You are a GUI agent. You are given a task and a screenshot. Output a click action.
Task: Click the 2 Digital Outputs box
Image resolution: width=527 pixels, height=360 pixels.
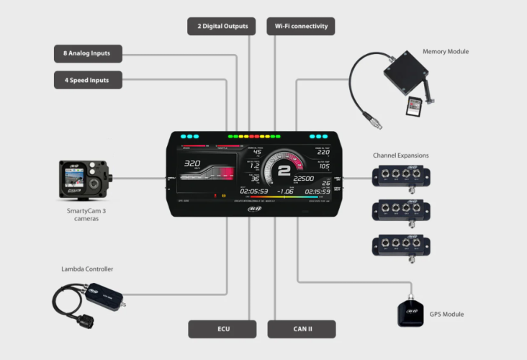[222, 27]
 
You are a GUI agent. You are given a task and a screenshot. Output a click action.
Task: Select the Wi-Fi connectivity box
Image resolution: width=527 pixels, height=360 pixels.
[301, 27]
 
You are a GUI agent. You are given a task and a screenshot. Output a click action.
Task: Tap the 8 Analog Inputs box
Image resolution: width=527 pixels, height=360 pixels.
[87, 53]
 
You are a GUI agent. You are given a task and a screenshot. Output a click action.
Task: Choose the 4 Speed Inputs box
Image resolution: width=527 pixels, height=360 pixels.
[87, 80]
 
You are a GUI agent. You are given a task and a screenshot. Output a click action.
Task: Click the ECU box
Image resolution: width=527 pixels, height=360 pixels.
[222, 329]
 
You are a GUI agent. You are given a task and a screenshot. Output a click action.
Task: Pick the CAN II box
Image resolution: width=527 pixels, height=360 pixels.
[301, 329]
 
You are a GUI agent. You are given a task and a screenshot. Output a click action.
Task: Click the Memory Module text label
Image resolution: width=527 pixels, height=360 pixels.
[446, 52]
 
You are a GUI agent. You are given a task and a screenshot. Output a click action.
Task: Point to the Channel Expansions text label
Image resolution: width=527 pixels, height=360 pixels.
[400, 156]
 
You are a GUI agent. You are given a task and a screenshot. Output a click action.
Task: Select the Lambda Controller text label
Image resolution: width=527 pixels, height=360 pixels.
[87, 269]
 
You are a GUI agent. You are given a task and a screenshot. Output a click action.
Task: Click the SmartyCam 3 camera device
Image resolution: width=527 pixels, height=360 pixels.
[85, 181]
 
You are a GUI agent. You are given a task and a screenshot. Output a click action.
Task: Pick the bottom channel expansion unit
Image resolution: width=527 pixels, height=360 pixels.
[400, 245]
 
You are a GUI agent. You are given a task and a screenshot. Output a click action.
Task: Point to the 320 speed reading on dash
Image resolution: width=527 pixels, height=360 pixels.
[192, 163]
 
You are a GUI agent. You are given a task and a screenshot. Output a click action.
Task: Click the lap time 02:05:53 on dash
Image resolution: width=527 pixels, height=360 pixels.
[254, 192]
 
